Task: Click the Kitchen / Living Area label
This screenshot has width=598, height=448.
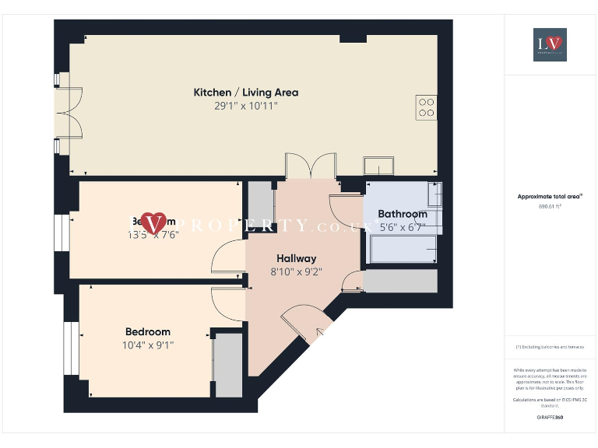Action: click(x=245, y=93)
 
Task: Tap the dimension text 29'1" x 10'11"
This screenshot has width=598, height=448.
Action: click(x=245, y=105)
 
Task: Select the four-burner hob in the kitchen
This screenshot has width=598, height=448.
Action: click(x=426, y=107)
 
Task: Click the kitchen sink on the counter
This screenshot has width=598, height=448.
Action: click(x=378, y=166)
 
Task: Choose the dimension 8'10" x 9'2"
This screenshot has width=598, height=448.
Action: click(x=296, y=272)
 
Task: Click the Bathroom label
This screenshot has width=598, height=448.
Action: click(x=402, y=214)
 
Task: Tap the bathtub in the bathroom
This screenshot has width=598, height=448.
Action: click(x=403, y=249)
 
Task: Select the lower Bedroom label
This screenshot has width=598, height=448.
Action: click(x=147, y=332)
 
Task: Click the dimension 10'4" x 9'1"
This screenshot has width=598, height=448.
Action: click(x=147, y=345)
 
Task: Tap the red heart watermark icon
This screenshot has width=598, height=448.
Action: click(x=156, y=222)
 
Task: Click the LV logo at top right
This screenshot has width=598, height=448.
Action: click(x=550, y=44)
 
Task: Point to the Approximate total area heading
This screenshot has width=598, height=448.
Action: click(x=550, y=197)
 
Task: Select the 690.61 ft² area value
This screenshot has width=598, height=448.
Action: click(x=550, y=207)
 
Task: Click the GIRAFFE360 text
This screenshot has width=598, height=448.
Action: click(x=550, y=418)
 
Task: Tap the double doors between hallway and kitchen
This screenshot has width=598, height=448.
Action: click(x=309, y=166)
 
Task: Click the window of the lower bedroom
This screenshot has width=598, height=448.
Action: click(x=71, y=348)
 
